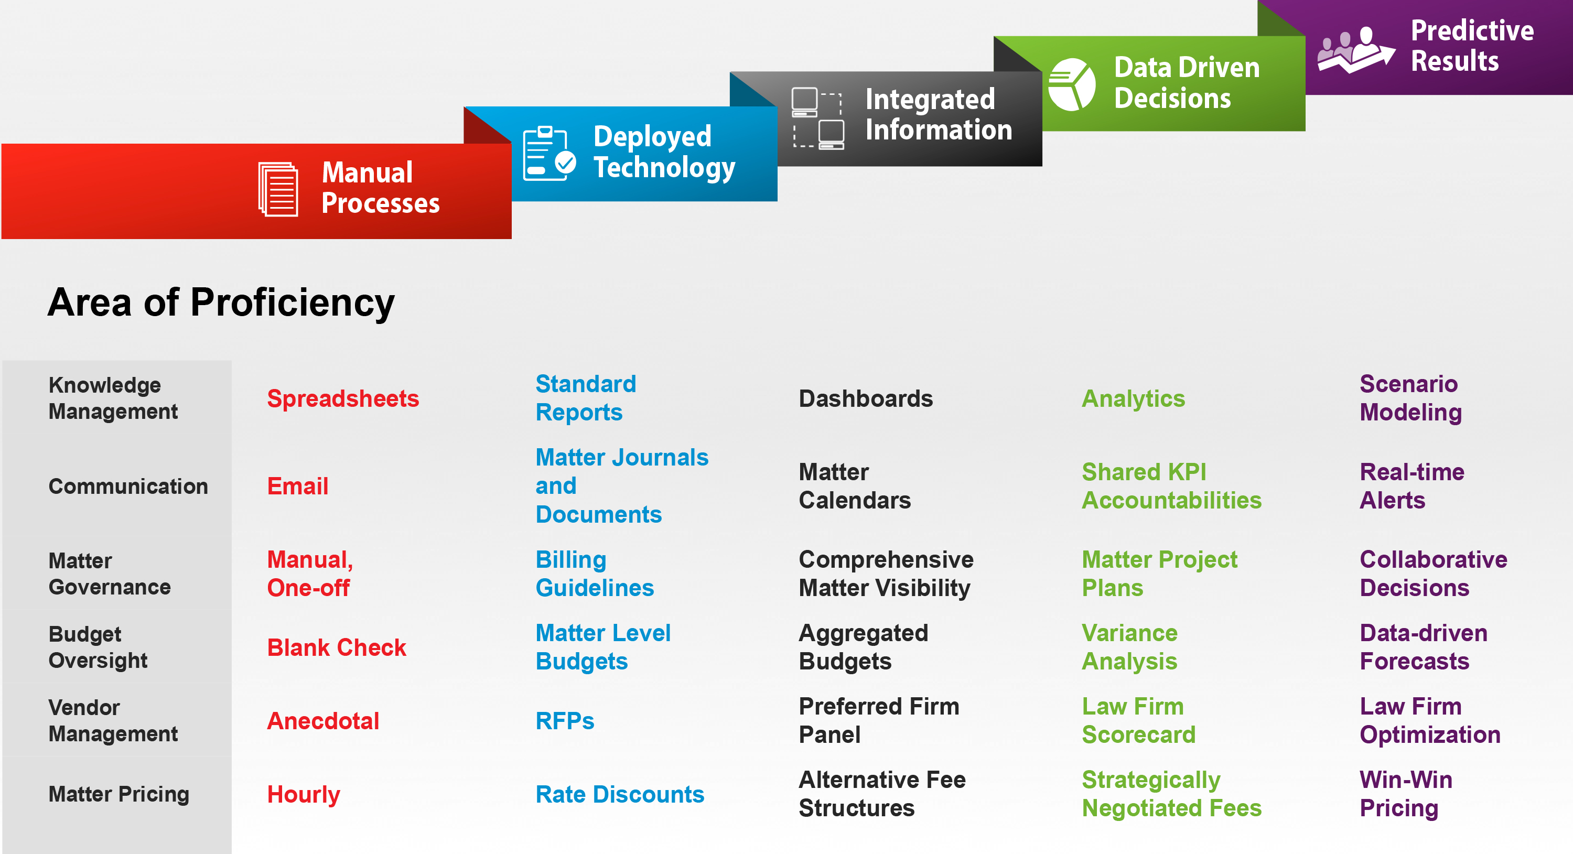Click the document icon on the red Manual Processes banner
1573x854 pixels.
tap(278, 189)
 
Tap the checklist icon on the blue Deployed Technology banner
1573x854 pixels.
tap(549, 153)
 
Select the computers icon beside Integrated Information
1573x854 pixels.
tap(817, 118)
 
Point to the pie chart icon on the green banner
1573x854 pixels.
tap(1072, 84)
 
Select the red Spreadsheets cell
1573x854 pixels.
tap(343, 398)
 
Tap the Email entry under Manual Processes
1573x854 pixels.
tap(298, 486)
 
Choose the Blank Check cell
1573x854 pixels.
tap(337, 647)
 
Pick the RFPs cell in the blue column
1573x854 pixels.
tap(565, 720)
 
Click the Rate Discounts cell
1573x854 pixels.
tap(620, 794)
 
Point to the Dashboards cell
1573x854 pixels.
tap(866, 398)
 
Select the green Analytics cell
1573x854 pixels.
tap(1133, 398)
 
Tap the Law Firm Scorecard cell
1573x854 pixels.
tap(1139, 720)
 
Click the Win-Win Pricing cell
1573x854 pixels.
tap(1406, 794)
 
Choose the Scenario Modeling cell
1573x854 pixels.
tap(1410, 398)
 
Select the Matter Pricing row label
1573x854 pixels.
tap(119, 794)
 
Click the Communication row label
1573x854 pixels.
tap(128, 486)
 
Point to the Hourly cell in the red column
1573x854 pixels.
tap(304, 794)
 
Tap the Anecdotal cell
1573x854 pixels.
tap(323, 720)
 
